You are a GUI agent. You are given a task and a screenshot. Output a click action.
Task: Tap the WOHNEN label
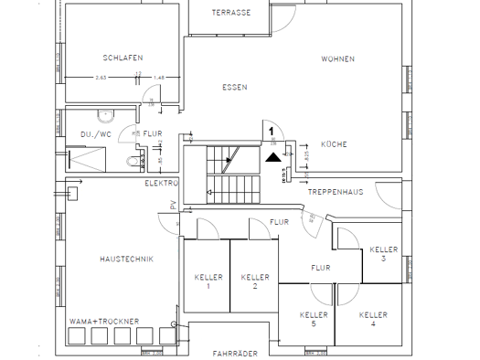point(336,58)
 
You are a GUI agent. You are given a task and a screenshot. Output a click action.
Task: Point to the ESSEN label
point(235,88)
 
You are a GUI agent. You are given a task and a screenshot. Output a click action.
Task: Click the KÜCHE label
point(334,144)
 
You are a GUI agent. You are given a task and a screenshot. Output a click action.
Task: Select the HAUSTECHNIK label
point(125,259)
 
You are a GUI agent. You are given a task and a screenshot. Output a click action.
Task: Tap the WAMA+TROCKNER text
point(105,322)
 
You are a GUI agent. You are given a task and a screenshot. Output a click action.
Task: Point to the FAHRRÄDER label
point(233,353)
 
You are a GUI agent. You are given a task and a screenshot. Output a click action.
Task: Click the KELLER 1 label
point(208,281)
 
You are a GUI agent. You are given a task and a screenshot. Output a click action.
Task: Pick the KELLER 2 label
point(254,281)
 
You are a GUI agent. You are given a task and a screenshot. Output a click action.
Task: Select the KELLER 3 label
point(384,253)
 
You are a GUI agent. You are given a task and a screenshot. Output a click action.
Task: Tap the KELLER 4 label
point(372,319)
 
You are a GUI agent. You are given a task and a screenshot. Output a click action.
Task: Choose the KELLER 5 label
point(314,319)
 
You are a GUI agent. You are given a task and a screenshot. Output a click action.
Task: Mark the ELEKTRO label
point(162,184)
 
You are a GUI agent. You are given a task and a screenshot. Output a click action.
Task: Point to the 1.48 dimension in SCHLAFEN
point(160,77)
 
